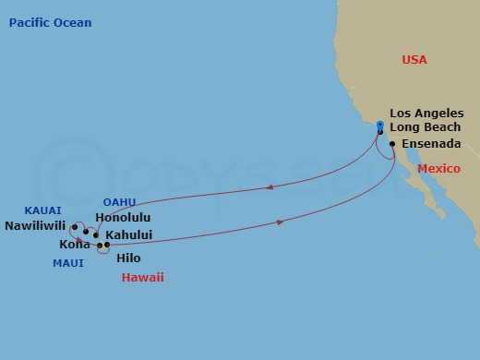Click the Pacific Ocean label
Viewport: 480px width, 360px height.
(51, 22)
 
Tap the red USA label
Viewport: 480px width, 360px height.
(414, 59)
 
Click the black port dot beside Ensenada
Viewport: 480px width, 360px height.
(393, 144)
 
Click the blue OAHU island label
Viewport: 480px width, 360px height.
(120, 202)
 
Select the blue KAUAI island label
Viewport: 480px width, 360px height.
(42, 210)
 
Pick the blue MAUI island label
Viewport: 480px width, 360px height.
(67, 263)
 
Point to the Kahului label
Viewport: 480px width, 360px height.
(128, 234)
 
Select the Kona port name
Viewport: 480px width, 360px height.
(75, 245)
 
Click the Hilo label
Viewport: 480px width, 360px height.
(130, 260)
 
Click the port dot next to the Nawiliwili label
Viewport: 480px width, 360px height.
(75, 226)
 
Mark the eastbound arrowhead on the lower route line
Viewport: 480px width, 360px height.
(280, 222)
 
